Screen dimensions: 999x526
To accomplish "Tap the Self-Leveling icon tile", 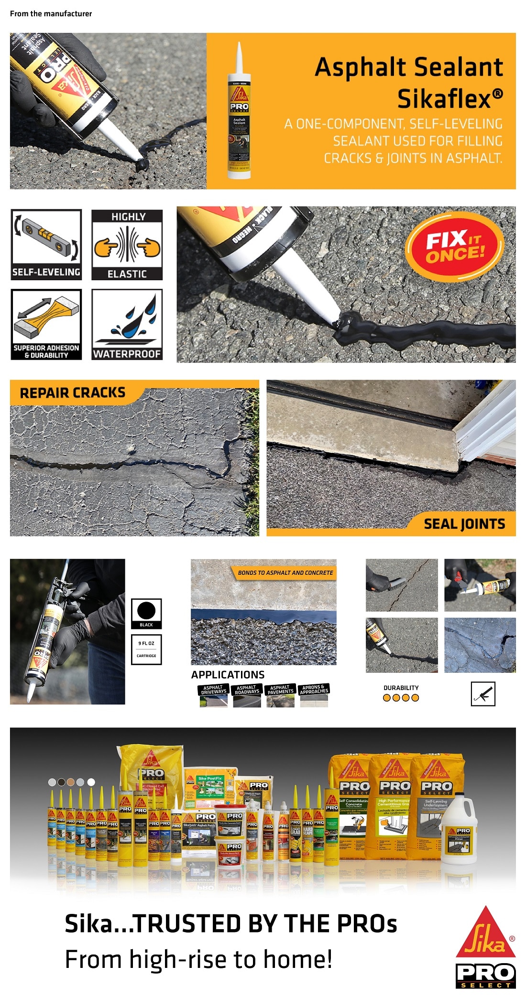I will pos(46,244).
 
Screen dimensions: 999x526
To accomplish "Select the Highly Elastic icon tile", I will pos(127,244).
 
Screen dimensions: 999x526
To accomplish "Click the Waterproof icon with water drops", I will pos(127,324).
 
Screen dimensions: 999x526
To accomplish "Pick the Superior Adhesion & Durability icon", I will pos(46,324).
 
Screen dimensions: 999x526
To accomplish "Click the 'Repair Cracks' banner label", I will pos(73,393).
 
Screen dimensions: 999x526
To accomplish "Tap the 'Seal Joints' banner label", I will pos(464,524).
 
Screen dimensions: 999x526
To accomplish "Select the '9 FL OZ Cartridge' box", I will pos(146,649).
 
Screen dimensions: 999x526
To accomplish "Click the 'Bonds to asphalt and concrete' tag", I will pos(285,572).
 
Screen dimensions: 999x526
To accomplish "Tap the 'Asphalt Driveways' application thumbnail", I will pos(213,696).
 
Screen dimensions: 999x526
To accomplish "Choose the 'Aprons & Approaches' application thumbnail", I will pos(314,696).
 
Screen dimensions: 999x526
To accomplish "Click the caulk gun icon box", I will pos(483,694).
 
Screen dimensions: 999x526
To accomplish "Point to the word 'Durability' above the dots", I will pos(401,688).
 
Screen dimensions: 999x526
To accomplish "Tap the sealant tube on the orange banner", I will pos(239,111).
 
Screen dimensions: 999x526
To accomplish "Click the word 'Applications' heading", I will pos(228,675).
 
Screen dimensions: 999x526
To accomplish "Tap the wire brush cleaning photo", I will pos(402,585).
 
